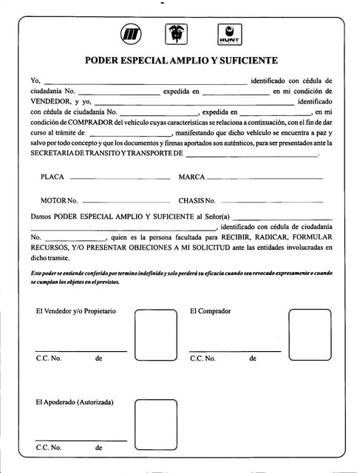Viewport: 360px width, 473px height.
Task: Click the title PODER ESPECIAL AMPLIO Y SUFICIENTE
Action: pos(181,61)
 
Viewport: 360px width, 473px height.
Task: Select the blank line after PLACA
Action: pos(119,179)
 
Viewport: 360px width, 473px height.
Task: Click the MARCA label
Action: pos(191,177)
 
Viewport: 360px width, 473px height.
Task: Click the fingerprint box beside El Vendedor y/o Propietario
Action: pos(155,335)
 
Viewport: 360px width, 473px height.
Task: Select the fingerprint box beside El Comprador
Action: pos(310,335)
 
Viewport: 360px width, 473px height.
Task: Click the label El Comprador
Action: pos(210,311)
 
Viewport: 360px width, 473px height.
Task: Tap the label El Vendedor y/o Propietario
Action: pos(76,311)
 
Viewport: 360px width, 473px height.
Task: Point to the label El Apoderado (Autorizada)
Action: pos(75,402)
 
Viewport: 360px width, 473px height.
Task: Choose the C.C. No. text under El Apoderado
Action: pos(49,448)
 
